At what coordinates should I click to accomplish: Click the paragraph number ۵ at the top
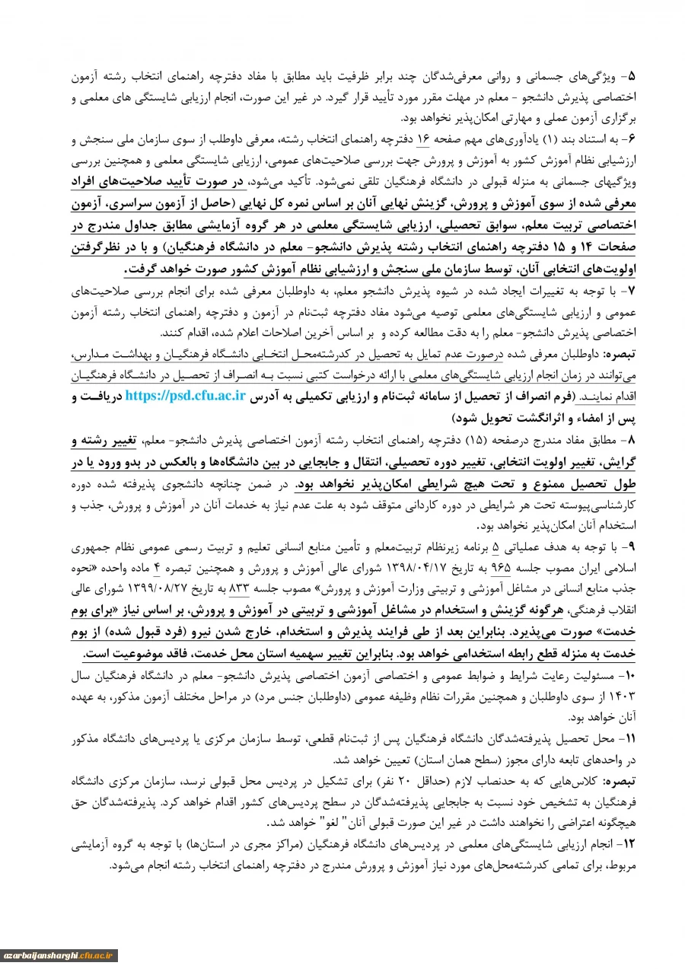tap(633, 78)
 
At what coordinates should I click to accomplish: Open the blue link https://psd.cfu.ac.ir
tap(186, 396)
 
